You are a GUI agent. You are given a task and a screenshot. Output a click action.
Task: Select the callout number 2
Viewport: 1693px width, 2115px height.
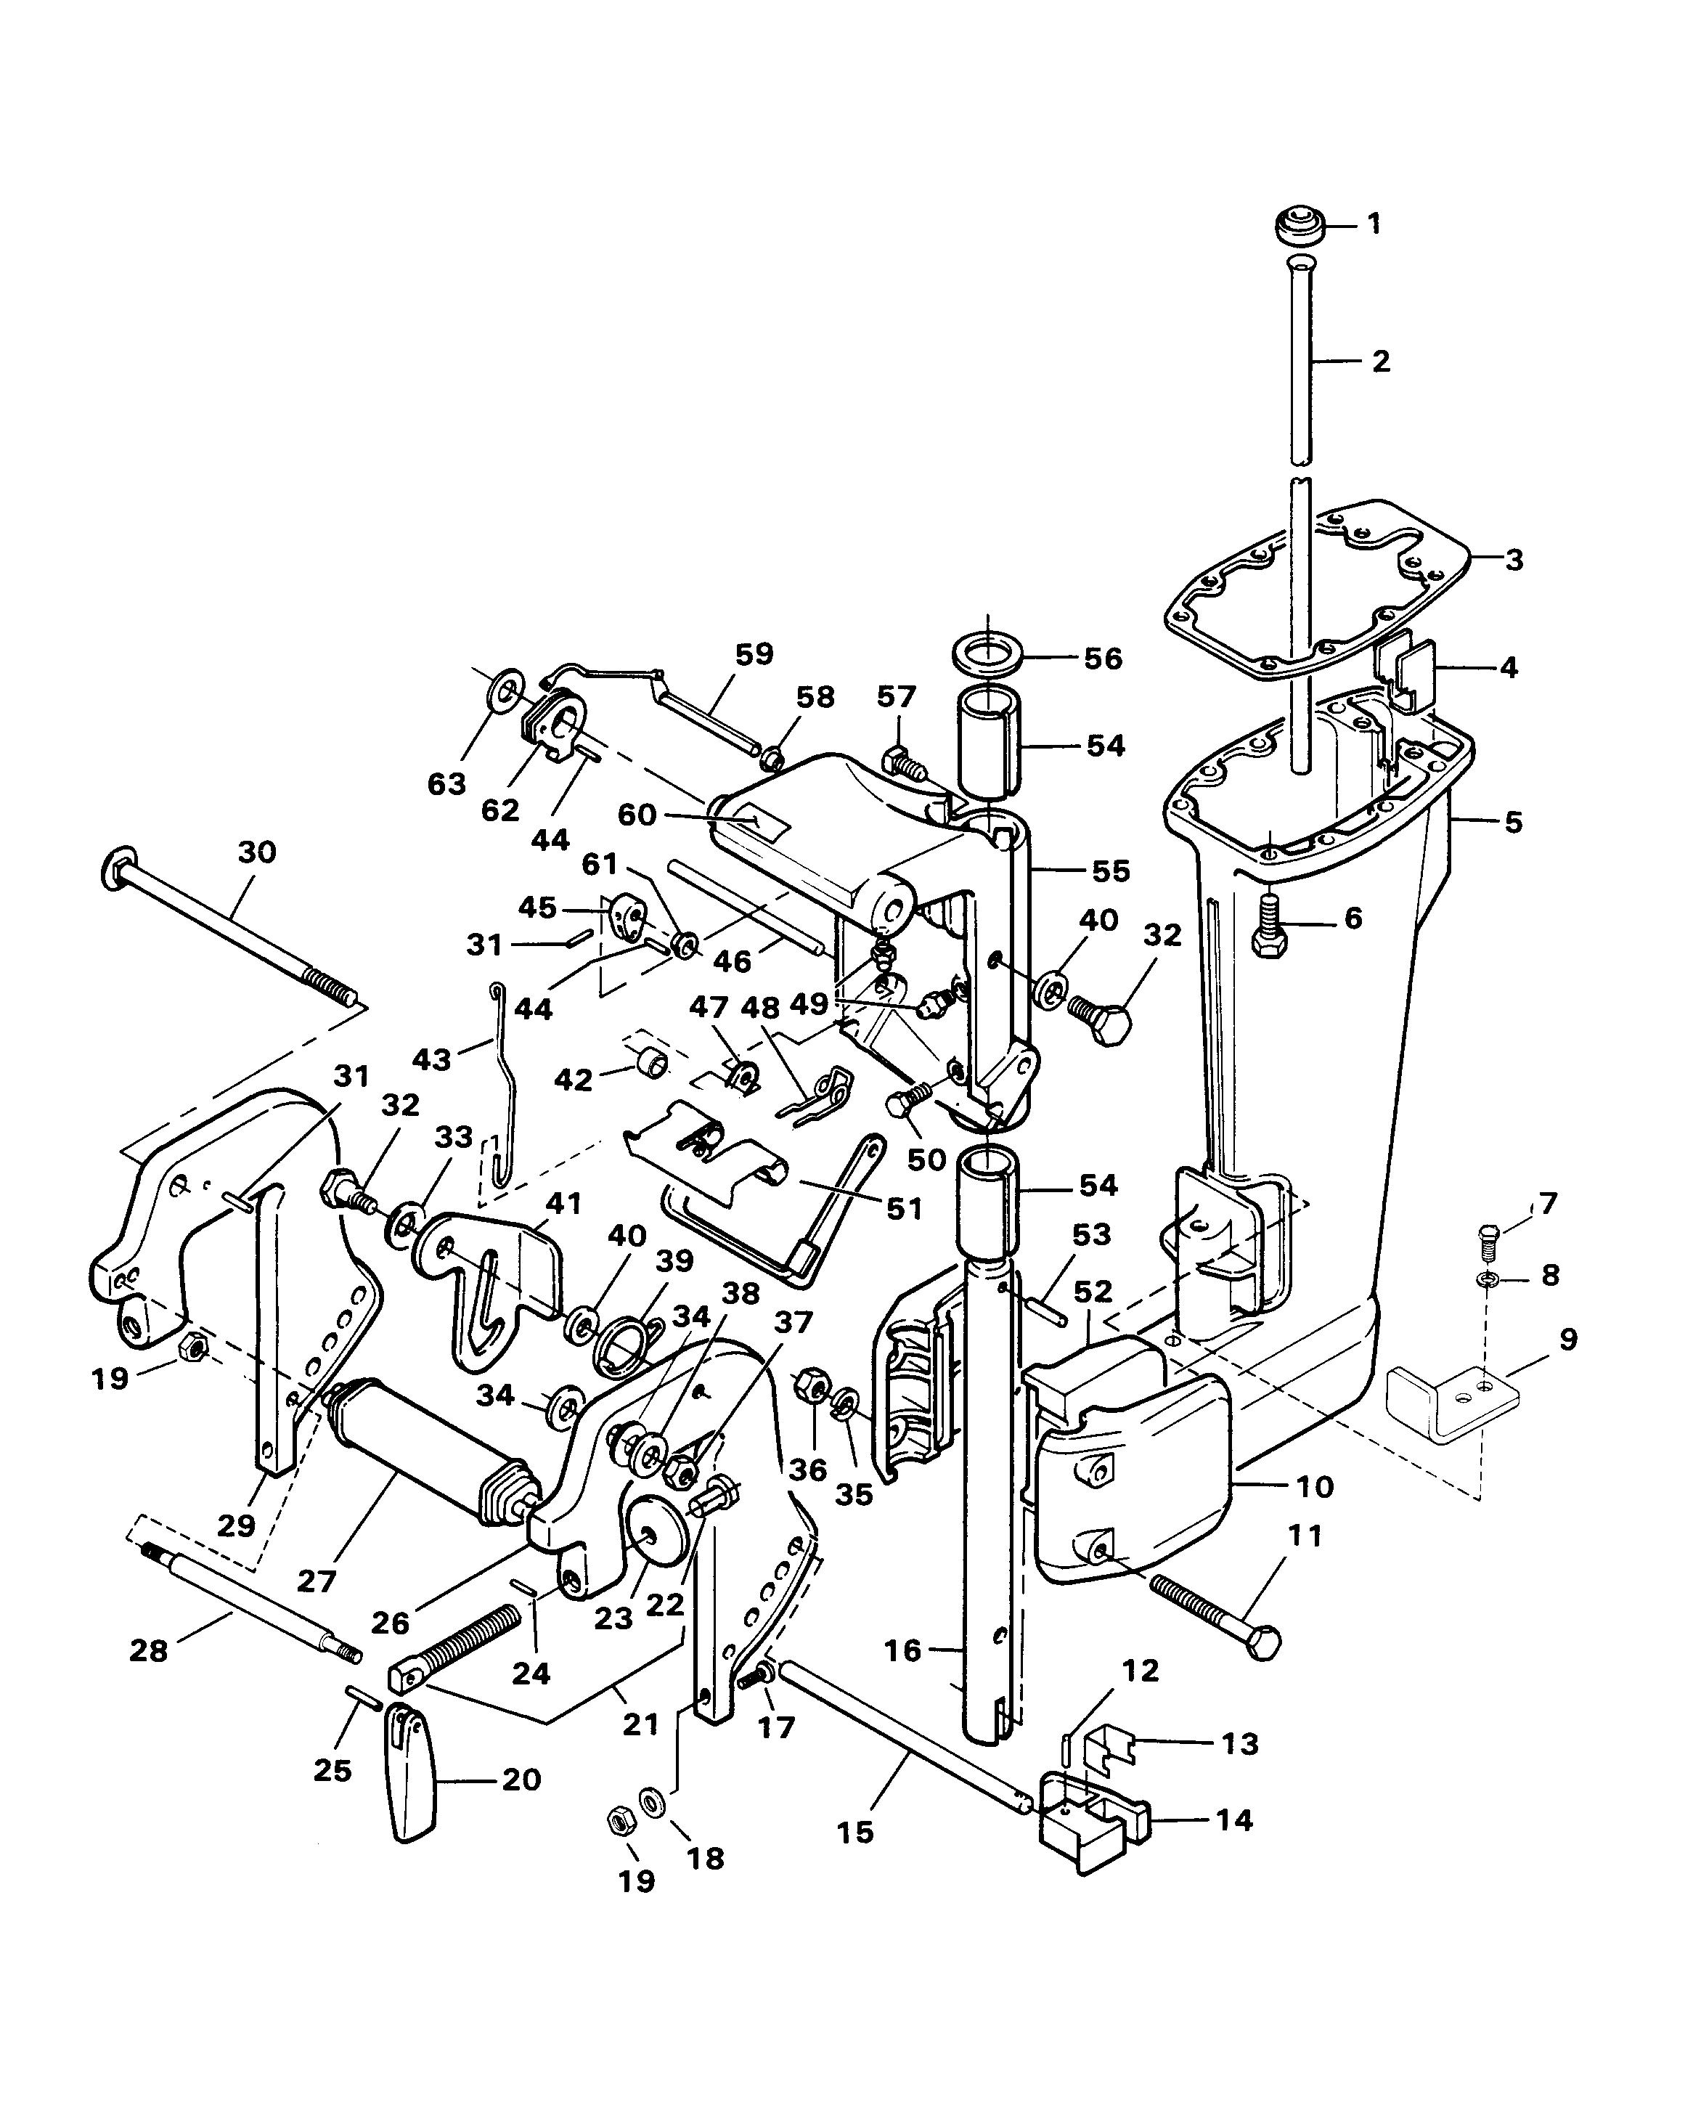pyautogui.click(x=1381, y=361)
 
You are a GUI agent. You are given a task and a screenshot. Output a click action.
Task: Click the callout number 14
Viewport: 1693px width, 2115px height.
pyautogui.click(x=1234, y=1819)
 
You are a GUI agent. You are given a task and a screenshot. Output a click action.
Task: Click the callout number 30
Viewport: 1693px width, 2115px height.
pyautogui.click(x=257, y=852)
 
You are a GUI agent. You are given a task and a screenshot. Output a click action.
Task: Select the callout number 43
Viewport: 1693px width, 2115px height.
pyautogui.click(x=431, y=1059)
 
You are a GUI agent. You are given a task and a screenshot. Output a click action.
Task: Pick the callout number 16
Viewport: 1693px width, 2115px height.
pyautogui.click(x=902, y=1650)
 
